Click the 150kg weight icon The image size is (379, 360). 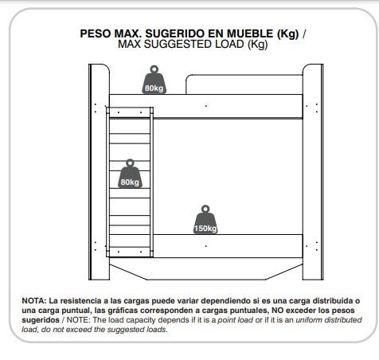[x=205, y=220]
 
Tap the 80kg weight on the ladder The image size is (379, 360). [x=130, y=174]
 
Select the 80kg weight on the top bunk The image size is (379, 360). [x=154, y=80]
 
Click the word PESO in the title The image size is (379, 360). [x=96, y=33]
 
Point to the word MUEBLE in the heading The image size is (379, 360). [x=250, y=33]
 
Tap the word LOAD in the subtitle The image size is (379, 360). [x=229, y=44]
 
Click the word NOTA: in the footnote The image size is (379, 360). [x=34, y=301]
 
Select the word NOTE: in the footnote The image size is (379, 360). [x=78, y=320]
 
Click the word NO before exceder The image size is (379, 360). [x=278, y=311]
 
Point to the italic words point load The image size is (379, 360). [x=236, y=320]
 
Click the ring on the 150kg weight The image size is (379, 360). [x=205, y=209]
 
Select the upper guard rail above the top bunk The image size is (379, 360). [x=244, y=84]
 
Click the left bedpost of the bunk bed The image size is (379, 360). [x=99, y=172]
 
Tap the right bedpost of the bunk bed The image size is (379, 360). [x=313, y=172]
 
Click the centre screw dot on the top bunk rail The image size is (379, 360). [x=206, y=106]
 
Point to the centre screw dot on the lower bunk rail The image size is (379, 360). [x=206, y=246]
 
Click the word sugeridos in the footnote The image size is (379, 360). [x=41, y=320]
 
